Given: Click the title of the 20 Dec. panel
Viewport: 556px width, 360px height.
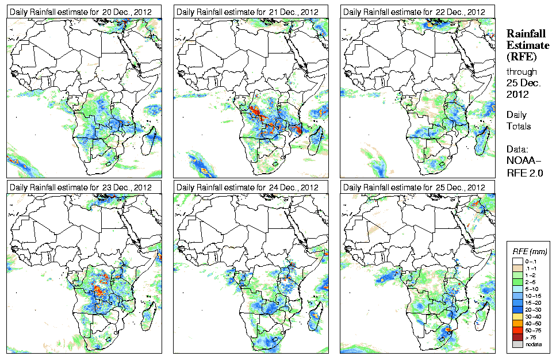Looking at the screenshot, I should click(x=80, y=12).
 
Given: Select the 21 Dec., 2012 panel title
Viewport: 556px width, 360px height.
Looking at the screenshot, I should click(x=248, y=12).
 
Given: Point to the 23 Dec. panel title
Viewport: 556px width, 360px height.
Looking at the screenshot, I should click(x=80, y=187).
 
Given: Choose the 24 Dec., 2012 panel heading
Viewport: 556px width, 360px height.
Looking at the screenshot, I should click(x=248, y=187).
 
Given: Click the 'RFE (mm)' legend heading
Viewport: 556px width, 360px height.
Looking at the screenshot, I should click(x=530, y=251).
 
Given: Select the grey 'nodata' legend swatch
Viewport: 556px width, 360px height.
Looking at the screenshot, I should click(x=517, y=344).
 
